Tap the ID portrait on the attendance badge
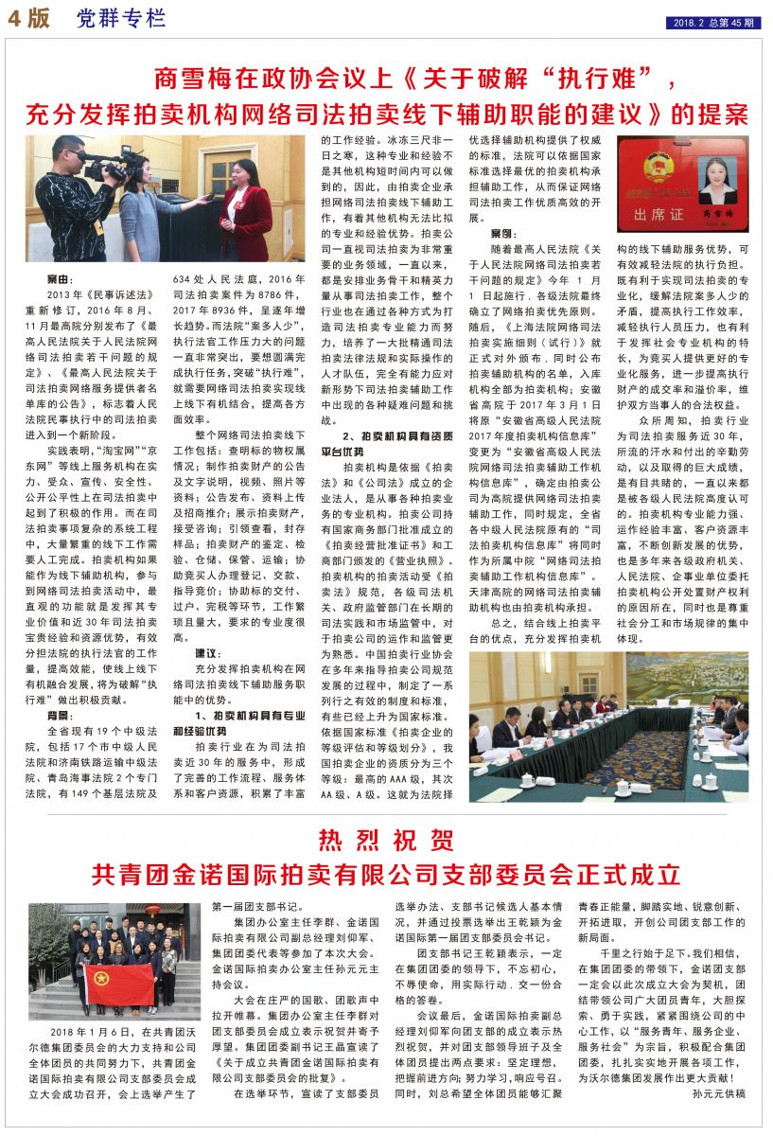[717, 176]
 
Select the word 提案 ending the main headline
[721, 114]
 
